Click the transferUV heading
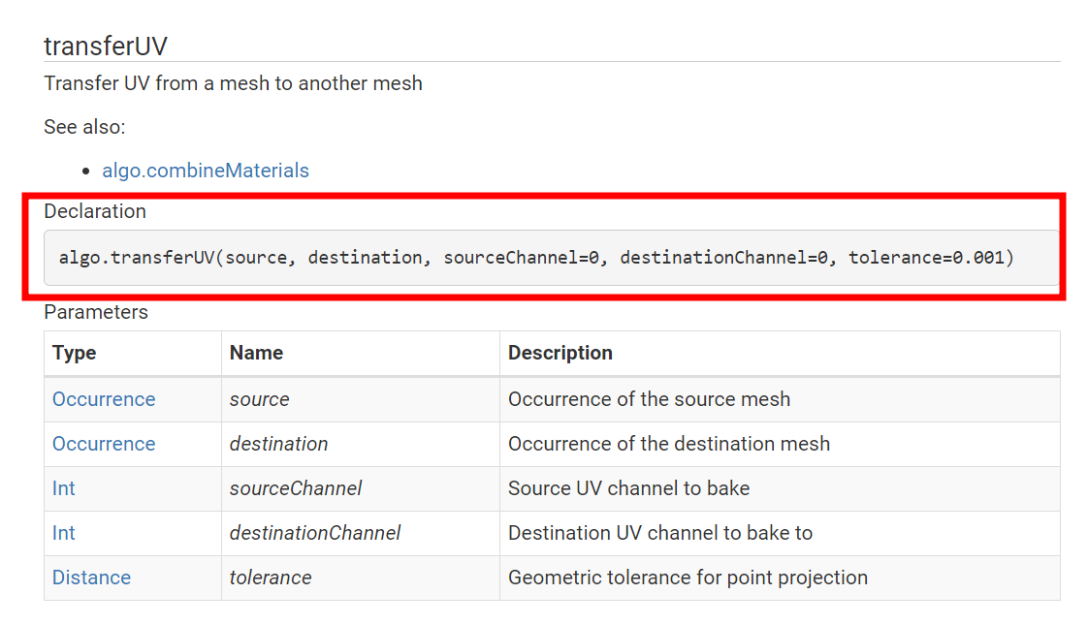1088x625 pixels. [x=106, y=46]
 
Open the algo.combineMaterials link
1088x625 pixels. [x=206, y=171]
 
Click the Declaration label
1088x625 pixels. [x=95, y=211]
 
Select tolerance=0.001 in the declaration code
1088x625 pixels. [x=931, y=258]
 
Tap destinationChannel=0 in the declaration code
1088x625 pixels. [x=726, y=258]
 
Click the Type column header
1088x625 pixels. [x=75, y=353]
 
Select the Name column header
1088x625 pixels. [x=256, y=353]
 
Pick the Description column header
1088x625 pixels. [x=560, y=353]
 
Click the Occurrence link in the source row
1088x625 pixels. [x=104, y=399]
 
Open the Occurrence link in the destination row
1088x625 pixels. [x=104, y=444]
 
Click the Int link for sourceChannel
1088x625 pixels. [x=64, y=488]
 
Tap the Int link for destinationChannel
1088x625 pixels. [x=64, y=533]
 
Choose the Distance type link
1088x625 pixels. [x=91, y=578]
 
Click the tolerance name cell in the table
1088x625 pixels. [x=271, y=578]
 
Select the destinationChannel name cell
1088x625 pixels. [x=315, y=533]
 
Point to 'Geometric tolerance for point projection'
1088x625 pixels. [x=688, y=578]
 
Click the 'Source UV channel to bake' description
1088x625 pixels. [x=628, y=488]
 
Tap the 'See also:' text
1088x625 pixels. [x=84, y=127]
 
